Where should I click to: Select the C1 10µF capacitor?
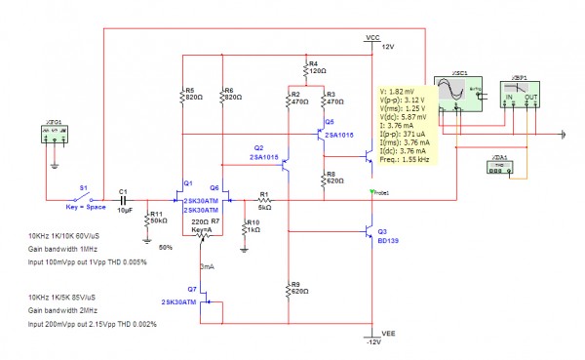point(123,201)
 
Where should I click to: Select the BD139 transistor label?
point(388,241)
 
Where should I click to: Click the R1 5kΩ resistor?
point(263,201)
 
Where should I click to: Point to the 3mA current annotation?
point(207,265)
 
